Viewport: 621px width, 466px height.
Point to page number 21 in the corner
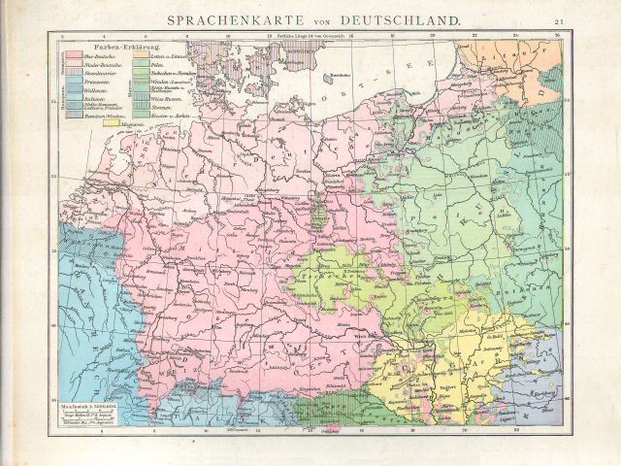[x=560, y=20]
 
